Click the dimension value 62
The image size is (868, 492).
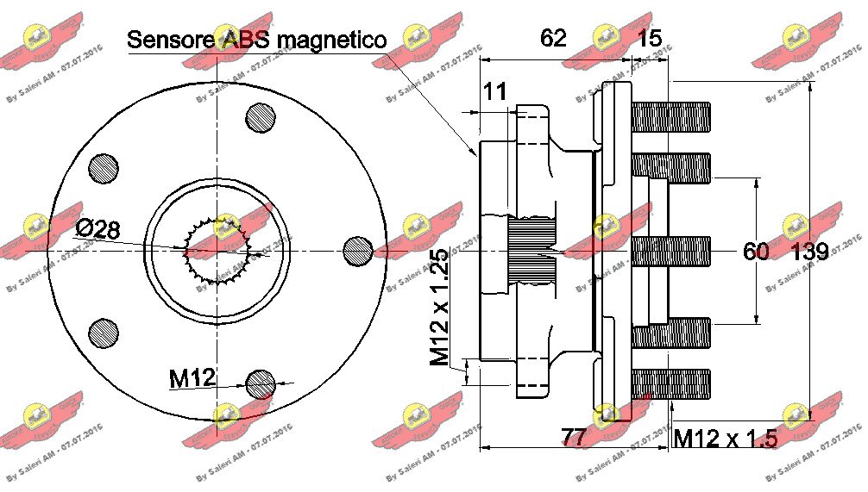(x=553, y=38)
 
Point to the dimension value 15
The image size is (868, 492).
(x=650, y=38)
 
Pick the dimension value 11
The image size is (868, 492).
(x=494, y=92)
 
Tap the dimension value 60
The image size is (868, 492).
(x=756, y=252)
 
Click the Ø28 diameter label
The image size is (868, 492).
(x=97, y=229)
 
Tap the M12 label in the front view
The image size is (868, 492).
(x=192, y=377)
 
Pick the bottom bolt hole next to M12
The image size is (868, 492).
(x=260, y=383)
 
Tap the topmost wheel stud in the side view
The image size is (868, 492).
(x=671, y=116)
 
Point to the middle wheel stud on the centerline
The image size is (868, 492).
(x=671, y=251)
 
